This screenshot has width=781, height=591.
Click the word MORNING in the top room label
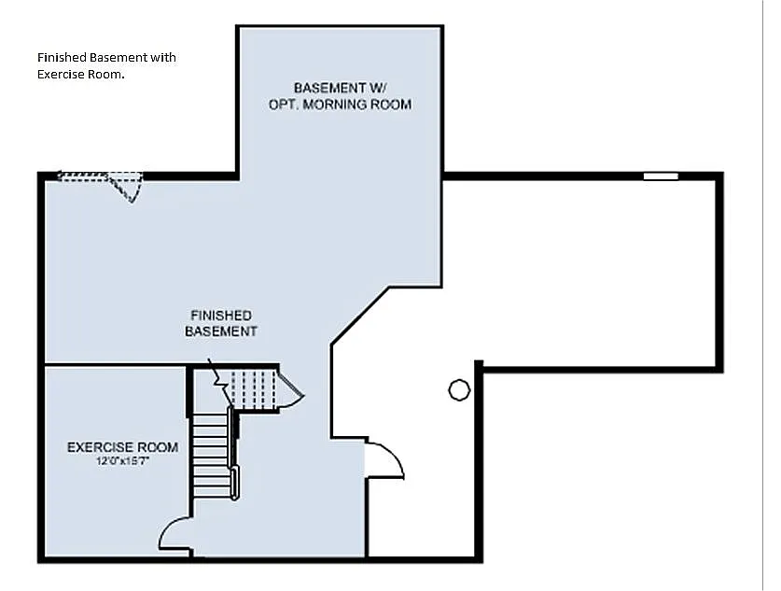pyautogui.click(x=340, y=105)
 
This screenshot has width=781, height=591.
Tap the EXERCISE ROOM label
pyautogui.click(x=109, y=447)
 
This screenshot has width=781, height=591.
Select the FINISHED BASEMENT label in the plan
pyautogui.click(x=221, y=323)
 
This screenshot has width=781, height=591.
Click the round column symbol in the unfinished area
pyautogui.click(x=458, y=389)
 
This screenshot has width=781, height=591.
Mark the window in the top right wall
pyautogui.click(x=661, y=176)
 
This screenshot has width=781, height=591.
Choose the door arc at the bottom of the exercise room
pyautogui.click(x=174, y=534)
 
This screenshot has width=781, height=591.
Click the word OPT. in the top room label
pyautogui.click(x=284, y=105)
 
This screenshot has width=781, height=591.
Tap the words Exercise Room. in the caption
pyautogui.click(x=81, y=75)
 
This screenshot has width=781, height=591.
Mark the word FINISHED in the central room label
pyautogui.click(x=221, y=316)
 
